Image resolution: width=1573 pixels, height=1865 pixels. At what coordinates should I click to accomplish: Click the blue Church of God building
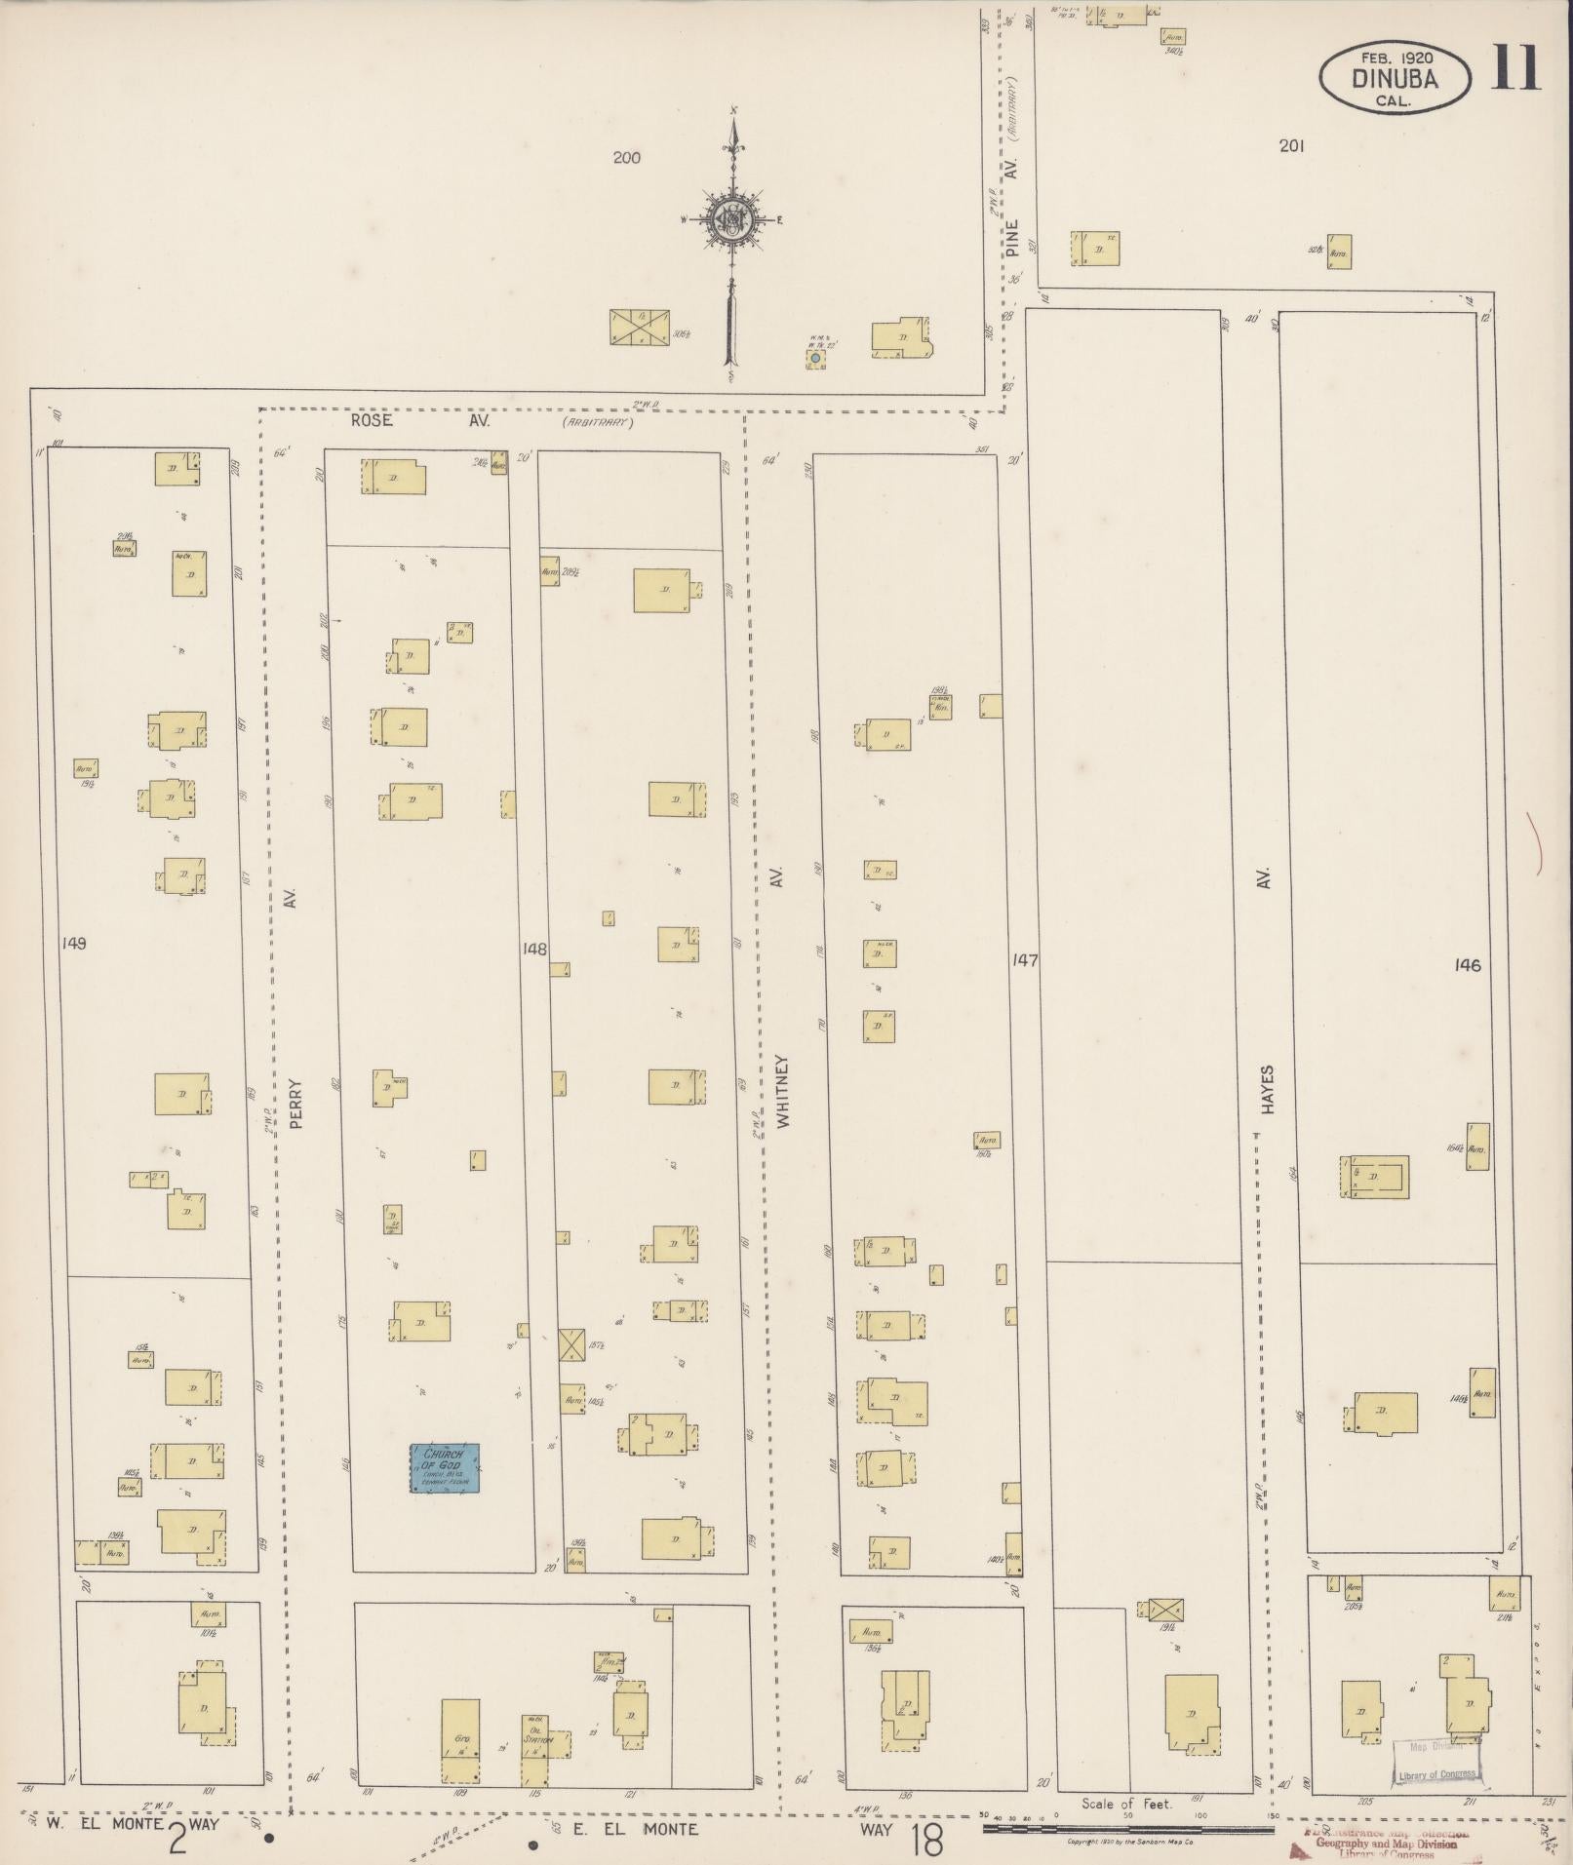click(x=445, y=1468)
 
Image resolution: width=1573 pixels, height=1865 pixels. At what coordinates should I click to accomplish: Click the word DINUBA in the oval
click(x=1395, y=79)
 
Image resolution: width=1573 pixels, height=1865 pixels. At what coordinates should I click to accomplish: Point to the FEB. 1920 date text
click(x=1395, y=58)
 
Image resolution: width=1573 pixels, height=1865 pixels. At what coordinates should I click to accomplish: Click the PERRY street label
click(x=297, y=1103)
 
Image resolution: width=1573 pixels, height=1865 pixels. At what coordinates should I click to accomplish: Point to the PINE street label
click(x=1012, y=237)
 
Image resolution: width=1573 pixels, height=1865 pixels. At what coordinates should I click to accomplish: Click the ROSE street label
click(x=371, y=421)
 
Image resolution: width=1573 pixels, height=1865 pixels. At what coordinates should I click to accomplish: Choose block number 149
click(x=73, y=944)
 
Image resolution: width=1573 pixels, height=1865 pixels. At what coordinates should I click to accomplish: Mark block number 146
click(x=1467, y=965)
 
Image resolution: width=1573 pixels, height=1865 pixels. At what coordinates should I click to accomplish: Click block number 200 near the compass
click(x=626, y=157)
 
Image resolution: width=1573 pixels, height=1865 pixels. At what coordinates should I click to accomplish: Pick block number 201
click(x=1292, y=146)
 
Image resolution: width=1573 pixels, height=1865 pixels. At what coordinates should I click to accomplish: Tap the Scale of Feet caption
click(x=1126, y=1805)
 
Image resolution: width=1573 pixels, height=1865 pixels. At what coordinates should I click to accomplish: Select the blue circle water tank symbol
click(x=815, y=360)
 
